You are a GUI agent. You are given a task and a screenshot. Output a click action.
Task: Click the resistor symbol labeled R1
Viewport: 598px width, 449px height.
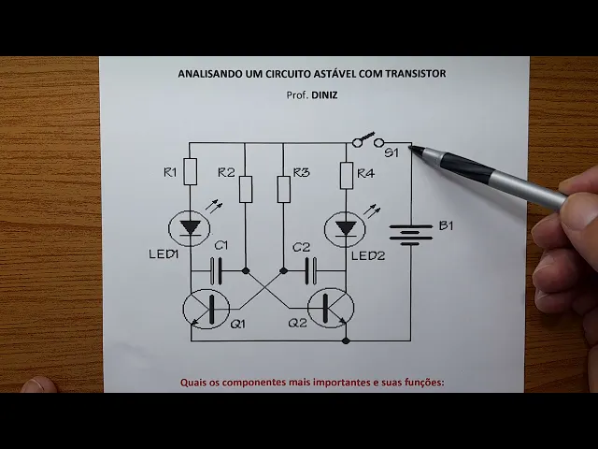tap(191, 172)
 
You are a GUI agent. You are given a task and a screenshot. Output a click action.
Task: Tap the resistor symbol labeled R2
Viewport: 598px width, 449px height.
tap(245, 188)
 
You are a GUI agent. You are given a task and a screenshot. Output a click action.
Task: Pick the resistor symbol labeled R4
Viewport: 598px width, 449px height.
tap(346, 173)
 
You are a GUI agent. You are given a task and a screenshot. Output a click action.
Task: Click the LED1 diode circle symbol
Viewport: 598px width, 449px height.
tap(191, 228)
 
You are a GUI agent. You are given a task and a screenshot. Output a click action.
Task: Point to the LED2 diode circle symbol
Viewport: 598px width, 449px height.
tap(346, 228)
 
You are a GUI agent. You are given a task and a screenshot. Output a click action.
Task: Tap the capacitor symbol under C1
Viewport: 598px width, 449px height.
tap(217, 270)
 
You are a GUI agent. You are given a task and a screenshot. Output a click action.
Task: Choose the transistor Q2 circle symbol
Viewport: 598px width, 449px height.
tap(329, 309)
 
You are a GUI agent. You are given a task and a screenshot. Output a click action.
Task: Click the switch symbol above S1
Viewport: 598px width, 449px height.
tap(368, 140)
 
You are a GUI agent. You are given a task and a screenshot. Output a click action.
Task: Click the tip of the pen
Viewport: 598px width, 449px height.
tap(412, 148)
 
